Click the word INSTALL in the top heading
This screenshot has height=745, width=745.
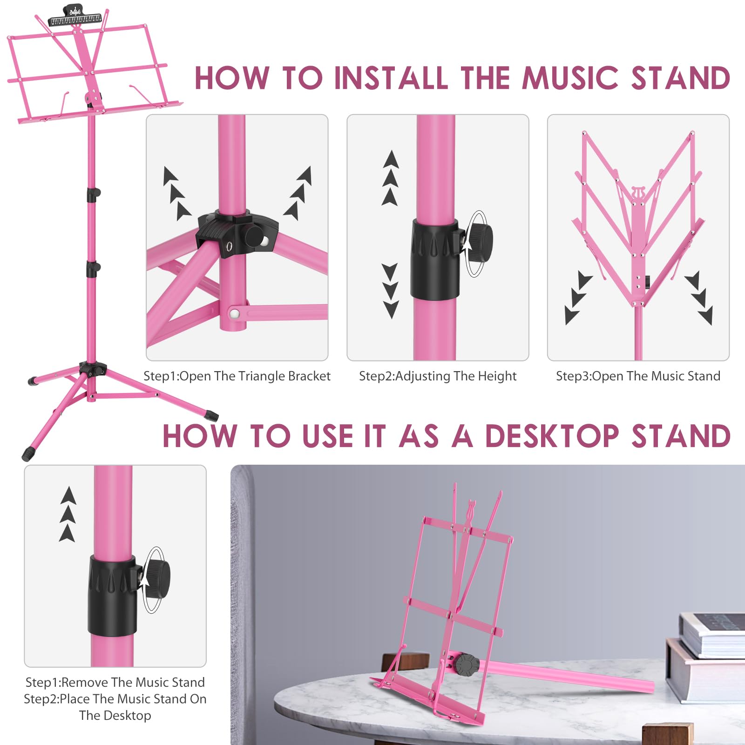point(392,78)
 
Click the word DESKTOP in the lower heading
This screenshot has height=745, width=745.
point(552,436)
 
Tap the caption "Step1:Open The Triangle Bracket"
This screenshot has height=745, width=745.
point(237,376)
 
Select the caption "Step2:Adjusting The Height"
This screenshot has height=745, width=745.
point(438,376)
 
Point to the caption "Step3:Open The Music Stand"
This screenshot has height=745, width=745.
point(638,376)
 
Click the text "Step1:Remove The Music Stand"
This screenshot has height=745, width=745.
point(115,683)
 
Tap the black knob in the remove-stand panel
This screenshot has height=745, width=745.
point(158,579)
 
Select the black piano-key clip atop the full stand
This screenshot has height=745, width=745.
point(74,18)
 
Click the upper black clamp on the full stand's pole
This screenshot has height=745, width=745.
point(93,194)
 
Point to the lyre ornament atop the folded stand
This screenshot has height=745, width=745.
point(637,192)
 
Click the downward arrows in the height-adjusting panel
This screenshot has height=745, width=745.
point(390,291)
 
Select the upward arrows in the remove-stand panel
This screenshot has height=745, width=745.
point(68,514)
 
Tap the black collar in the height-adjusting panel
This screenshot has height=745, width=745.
point(435,259)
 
